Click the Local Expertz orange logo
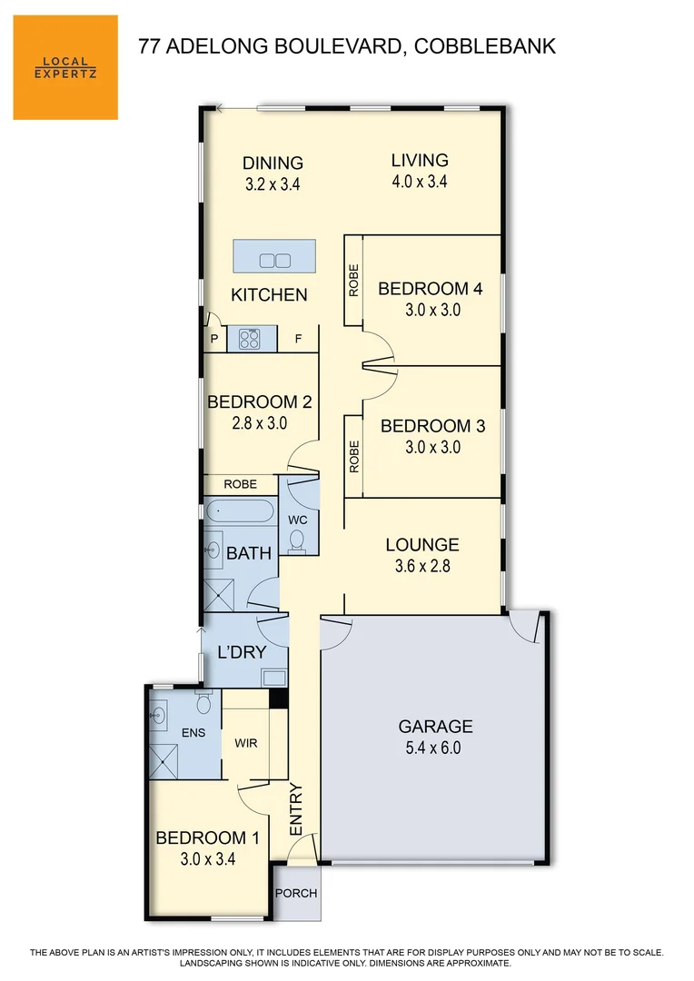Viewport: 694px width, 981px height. (x=65, y=67)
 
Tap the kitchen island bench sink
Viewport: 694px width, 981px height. (x=274, y=261)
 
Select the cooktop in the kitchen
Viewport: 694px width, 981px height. (x=249, y=339)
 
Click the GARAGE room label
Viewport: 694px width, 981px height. (x=436, y=727)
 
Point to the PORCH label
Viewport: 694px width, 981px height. (x=296, y=894)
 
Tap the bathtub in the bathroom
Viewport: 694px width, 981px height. (x=239, y=511)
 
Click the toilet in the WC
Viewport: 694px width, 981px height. (x=297, y=541)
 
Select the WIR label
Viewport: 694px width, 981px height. (x=246, y=743)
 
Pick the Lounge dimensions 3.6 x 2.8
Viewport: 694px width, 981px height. (x=422, y=565)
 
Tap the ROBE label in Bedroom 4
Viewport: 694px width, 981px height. (x=353, y=281)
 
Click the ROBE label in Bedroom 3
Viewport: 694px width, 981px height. (x=353, y=457)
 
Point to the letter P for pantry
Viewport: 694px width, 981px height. (x=214, y=340)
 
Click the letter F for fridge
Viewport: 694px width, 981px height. (x=297, y=340)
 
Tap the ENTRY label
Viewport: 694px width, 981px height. (x=296, y=809)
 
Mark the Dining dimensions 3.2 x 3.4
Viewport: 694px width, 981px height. (x=273, y=183)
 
